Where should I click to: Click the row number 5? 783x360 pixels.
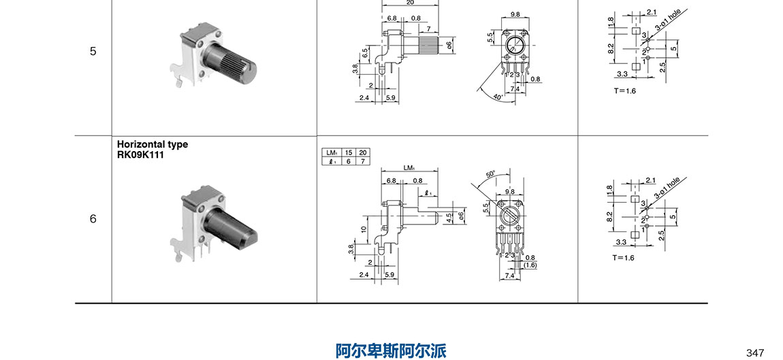click(93, 51)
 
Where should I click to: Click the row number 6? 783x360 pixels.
click(93, 219)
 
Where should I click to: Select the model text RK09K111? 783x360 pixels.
click(140, 154)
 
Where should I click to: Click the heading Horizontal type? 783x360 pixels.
click(153, 144)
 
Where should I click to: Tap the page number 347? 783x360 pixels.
click(755, 353)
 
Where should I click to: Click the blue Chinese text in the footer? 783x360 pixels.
click(391, 351)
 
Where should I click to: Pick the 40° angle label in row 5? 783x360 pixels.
click(498, 97)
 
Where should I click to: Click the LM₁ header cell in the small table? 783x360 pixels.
click(332, 152)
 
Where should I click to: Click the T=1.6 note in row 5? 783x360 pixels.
click(624, 91)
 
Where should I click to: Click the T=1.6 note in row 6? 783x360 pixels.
click(624, 258)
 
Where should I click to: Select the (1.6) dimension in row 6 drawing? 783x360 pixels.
click(530, 265)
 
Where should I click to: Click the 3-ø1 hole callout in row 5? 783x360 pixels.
click(667, 20)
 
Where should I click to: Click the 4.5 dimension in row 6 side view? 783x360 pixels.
click(449, 218)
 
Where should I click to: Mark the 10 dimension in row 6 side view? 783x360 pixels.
click(364, 229)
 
